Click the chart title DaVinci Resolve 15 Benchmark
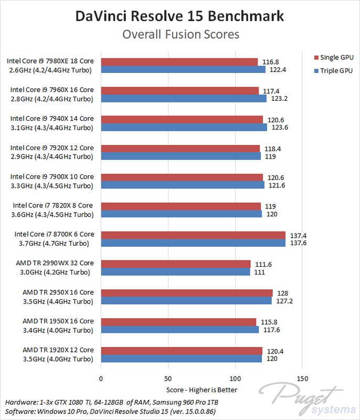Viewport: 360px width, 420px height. tap(179, 16)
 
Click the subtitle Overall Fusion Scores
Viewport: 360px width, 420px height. tap(181, 35)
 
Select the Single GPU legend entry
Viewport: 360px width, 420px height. tap(334, 57)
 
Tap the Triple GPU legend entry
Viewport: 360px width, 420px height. tap(334, 71)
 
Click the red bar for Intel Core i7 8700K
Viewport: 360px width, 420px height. tap(193, 235)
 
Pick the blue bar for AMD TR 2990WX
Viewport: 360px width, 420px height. tap(176, 271)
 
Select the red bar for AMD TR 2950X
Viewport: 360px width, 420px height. tap(187, 293)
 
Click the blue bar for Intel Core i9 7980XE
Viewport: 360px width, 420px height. tap(183, 69)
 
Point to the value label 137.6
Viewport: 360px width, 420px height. tap(299, 243)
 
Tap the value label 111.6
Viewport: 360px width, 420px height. tap(263, 265)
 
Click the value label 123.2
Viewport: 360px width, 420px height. tap(279, 99)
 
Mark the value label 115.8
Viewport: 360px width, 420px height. tap(269, 322)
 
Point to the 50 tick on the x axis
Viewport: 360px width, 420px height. tap(168, 379)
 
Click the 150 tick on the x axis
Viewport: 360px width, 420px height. tap(302, 379)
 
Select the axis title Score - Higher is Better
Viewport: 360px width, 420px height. tap(202, 390)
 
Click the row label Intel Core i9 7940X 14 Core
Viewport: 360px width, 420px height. tap(52, 119)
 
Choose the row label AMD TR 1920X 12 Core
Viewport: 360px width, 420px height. tap(58, 350)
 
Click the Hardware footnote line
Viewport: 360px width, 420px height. tap(112, 402)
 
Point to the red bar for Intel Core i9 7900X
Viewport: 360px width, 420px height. tap(182, 177)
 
